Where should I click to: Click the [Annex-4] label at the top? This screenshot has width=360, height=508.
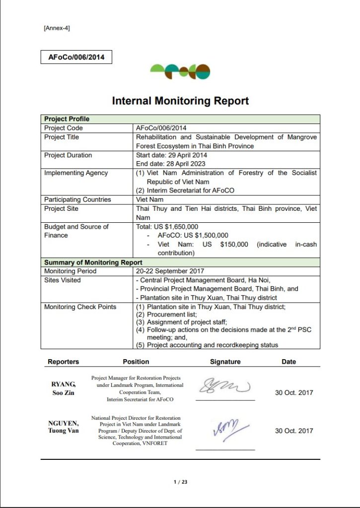pyautogui.click(x=57, y=28)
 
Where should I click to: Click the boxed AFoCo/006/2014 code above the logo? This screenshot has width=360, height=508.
pyautogui.click(x=76, y=57)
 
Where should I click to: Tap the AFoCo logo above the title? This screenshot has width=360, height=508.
pyautogui.click(x=180, y=72)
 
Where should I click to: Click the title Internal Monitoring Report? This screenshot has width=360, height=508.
pyautogui.click(x=180, y=101)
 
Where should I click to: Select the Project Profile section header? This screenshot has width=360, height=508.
pyautogui.click(x=67, y=119)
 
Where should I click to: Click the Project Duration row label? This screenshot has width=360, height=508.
pyautogui.click(x=68, y=155)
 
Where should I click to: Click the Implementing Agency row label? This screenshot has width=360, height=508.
pyautogui.click(x=76, y=173)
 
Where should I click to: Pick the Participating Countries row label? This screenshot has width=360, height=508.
pyautogui.click(x=77, y=200)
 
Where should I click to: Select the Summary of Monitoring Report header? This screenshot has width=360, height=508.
pyautogui.click(x=93, y=262)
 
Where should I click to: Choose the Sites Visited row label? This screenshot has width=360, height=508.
pyautogui.click(x=63, y=280)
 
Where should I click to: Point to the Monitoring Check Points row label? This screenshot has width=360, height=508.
pyautogui.click(x=80, y=307)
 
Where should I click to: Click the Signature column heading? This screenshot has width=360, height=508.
pyautogui.click(x=225, y=362)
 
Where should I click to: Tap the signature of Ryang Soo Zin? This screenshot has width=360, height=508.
pyautogui.click(x=224, y=386)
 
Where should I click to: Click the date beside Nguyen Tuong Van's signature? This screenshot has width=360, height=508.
pyautogui.click(x=294, y=431)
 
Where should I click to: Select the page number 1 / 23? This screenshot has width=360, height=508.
pyautogui.click(x=180, y=482)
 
